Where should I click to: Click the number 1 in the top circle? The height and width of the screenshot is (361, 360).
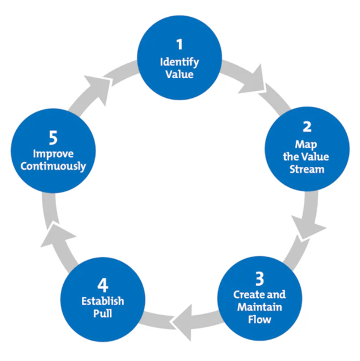[x=180, y=44]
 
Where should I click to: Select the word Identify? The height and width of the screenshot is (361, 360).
[x=180, y=62]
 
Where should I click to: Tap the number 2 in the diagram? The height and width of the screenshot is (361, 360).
[x=307, y=127]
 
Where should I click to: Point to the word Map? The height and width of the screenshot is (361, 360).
[x=306, y=145]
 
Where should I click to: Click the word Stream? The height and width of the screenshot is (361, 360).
[x=307, y=169]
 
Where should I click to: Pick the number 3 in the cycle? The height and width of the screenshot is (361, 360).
[x=260, y=279]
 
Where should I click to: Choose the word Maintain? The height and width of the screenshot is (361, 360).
[x=260, y=307]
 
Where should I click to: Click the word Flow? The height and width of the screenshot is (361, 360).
[x=260, y=319]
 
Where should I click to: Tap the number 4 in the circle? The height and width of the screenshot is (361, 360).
[x=103, y=285]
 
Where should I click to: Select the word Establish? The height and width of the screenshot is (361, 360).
[x=103, y=301]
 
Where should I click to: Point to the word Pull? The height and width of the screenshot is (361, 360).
[x=103, y=313]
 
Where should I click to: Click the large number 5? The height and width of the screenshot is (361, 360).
[x=53, y=138]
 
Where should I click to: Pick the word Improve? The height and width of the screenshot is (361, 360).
[x=53, y=154]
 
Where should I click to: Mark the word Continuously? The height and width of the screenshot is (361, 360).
[x=53, y=166]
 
